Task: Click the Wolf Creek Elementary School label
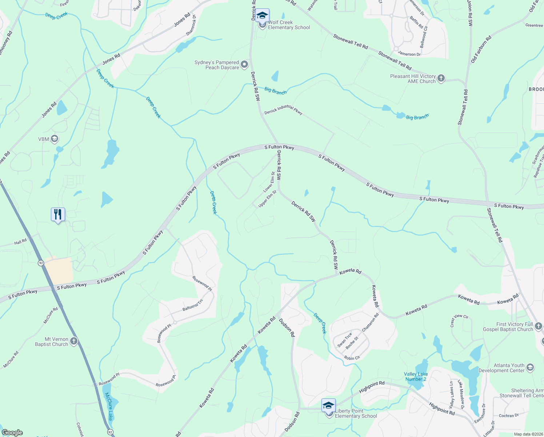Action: (289, 25)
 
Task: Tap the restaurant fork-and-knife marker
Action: (58, 215)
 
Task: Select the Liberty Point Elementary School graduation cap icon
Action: (328, 405)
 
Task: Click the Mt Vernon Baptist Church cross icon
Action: (74, 341)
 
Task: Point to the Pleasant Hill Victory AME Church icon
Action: (441, 78)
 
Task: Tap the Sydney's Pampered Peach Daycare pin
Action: (244, 65)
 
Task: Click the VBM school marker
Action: (55, 139)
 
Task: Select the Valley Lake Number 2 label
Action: (416, 377)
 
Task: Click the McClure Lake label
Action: (109, 406)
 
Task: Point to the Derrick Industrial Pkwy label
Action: (283, 110)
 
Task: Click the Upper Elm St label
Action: (267, 199)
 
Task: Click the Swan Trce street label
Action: (345, 340)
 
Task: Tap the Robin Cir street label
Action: (352, 358)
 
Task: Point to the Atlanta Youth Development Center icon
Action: (530, 367)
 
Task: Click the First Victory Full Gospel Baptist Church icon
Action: (539, 326)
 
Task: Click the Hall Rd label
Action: (20, 242)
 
